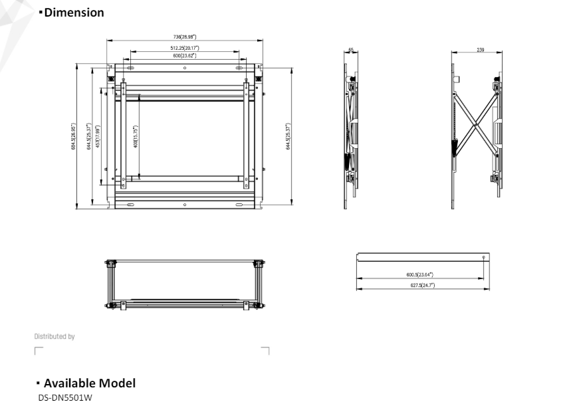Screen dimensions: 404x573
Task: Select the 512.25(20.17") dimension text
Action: point(185,49)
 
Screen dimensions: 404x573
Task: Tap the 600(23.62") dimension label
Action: point(185,55)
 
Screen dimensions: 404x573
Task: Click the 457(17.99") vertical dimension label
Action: point(98,136)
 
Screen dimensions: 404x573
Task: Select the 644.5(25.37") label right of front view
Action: point(288,136)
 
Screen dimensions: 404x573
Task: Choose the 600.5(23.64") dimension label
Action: point(420,274)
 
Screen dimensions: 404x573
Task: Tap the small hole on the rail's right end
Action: point(483,256)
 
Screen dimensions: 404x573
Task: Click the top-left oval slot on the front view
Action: point(130,68)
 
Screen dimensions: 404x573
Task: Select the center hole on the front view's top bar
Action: point(185,68)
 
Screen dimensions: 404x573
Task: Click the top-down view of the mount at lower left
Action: point(185,286)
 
